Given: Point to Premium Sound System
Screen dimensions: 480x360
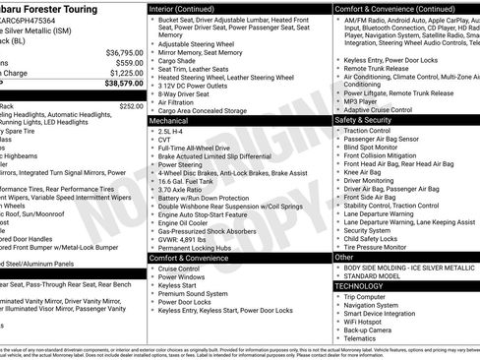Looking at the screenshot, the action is [192, 293].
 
